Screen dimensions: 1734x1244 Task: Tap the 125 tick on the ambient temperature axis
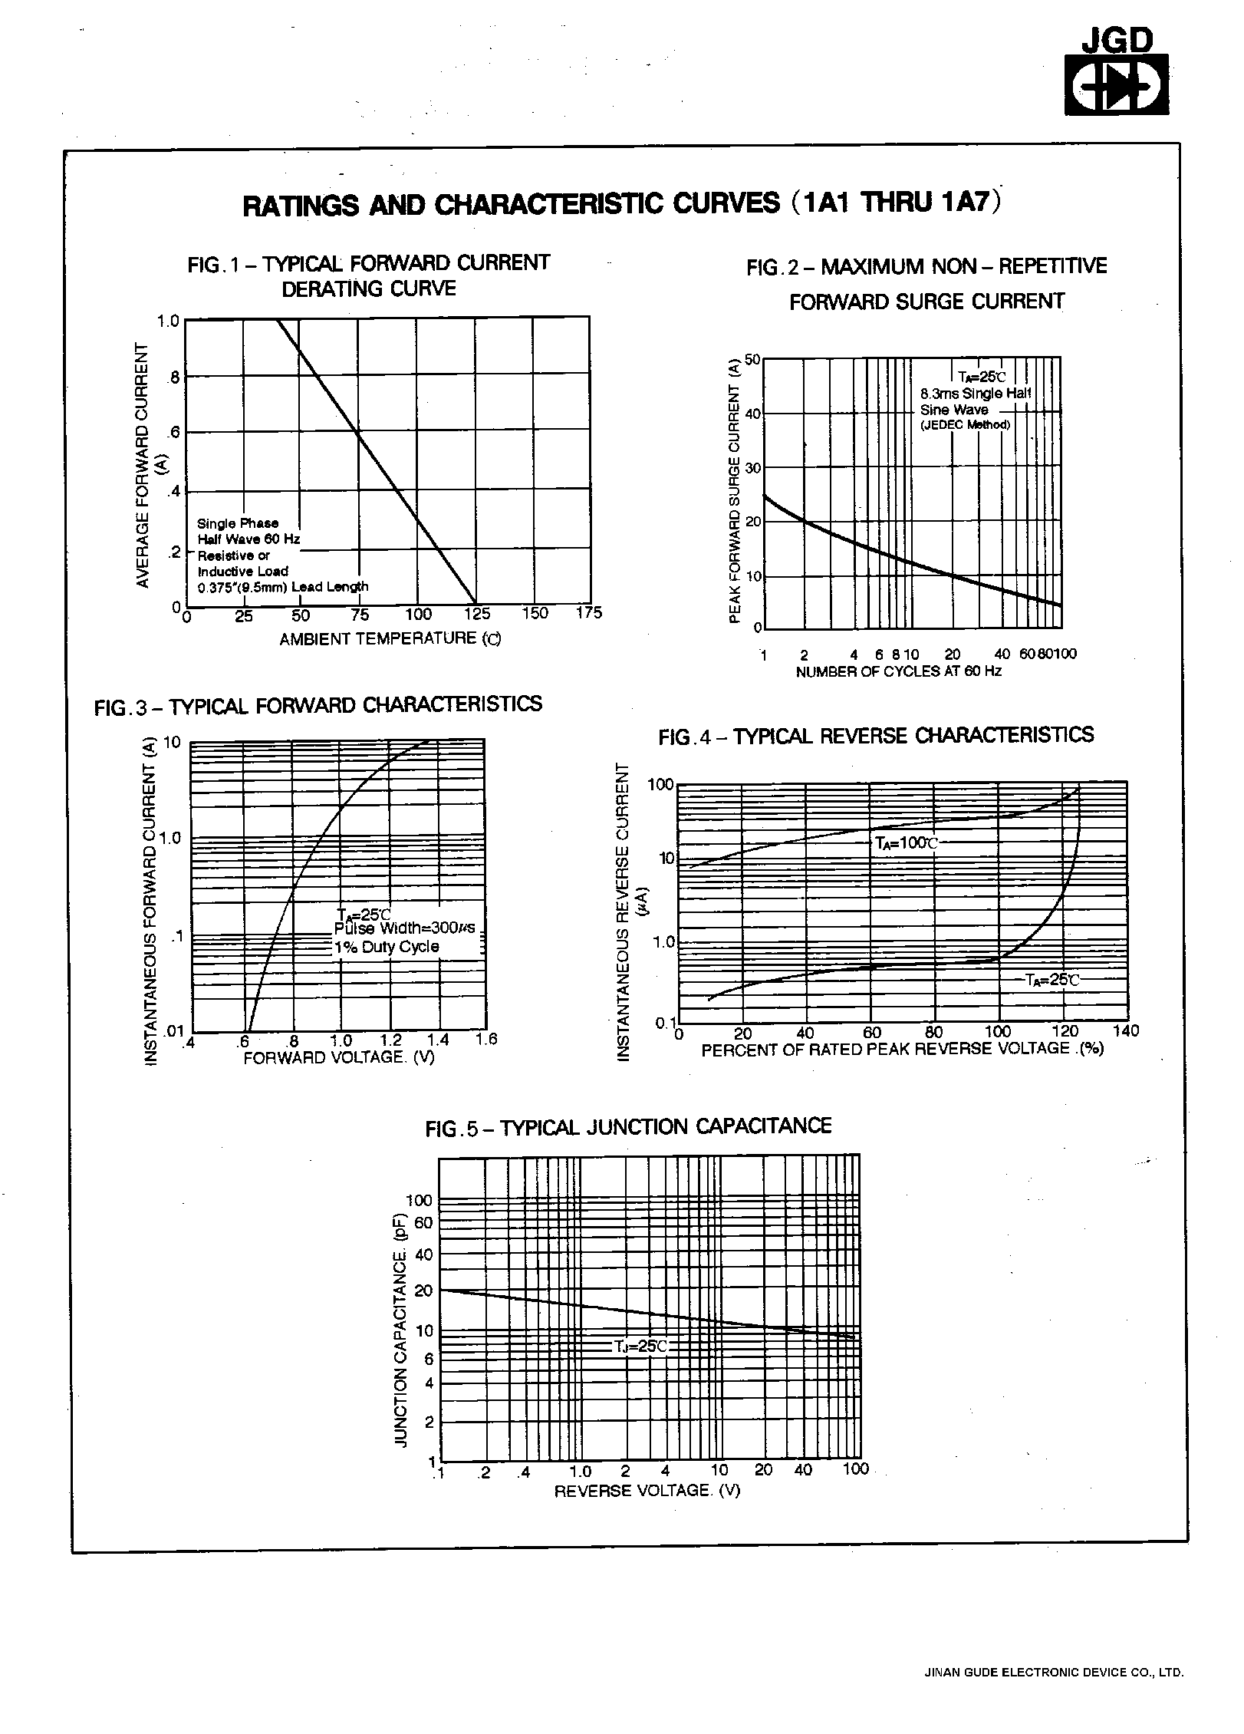coord(477,614)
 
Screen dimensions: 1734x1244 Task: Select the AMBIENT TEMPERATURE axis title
coord(390,638)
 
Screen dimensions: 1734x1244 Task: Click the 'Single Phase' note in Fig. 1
coord(238,523)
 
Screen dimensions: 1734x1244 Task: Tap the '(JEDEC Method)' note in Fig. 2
coord(966,425)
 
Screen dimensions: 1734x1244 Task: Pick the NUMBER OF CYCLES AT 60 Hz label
coord(898,671)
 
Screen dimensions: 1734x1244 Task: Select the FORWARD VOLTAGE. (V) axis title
coord(339,1057)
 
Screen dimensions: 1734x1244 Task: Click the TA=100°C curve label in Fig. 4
coord(907,842)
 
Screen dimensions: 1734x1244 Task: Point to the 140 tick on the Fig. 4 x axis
coord(1125,1031)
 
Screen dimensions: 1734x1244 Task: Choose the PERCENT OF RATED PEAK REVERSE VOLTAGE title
coord(902,1049)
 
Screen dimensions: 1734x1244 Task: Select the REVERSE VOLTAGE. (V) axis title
coord(647,1491)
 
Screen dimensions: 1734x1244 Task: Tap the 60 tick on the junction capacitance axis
coord(423,1223)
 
